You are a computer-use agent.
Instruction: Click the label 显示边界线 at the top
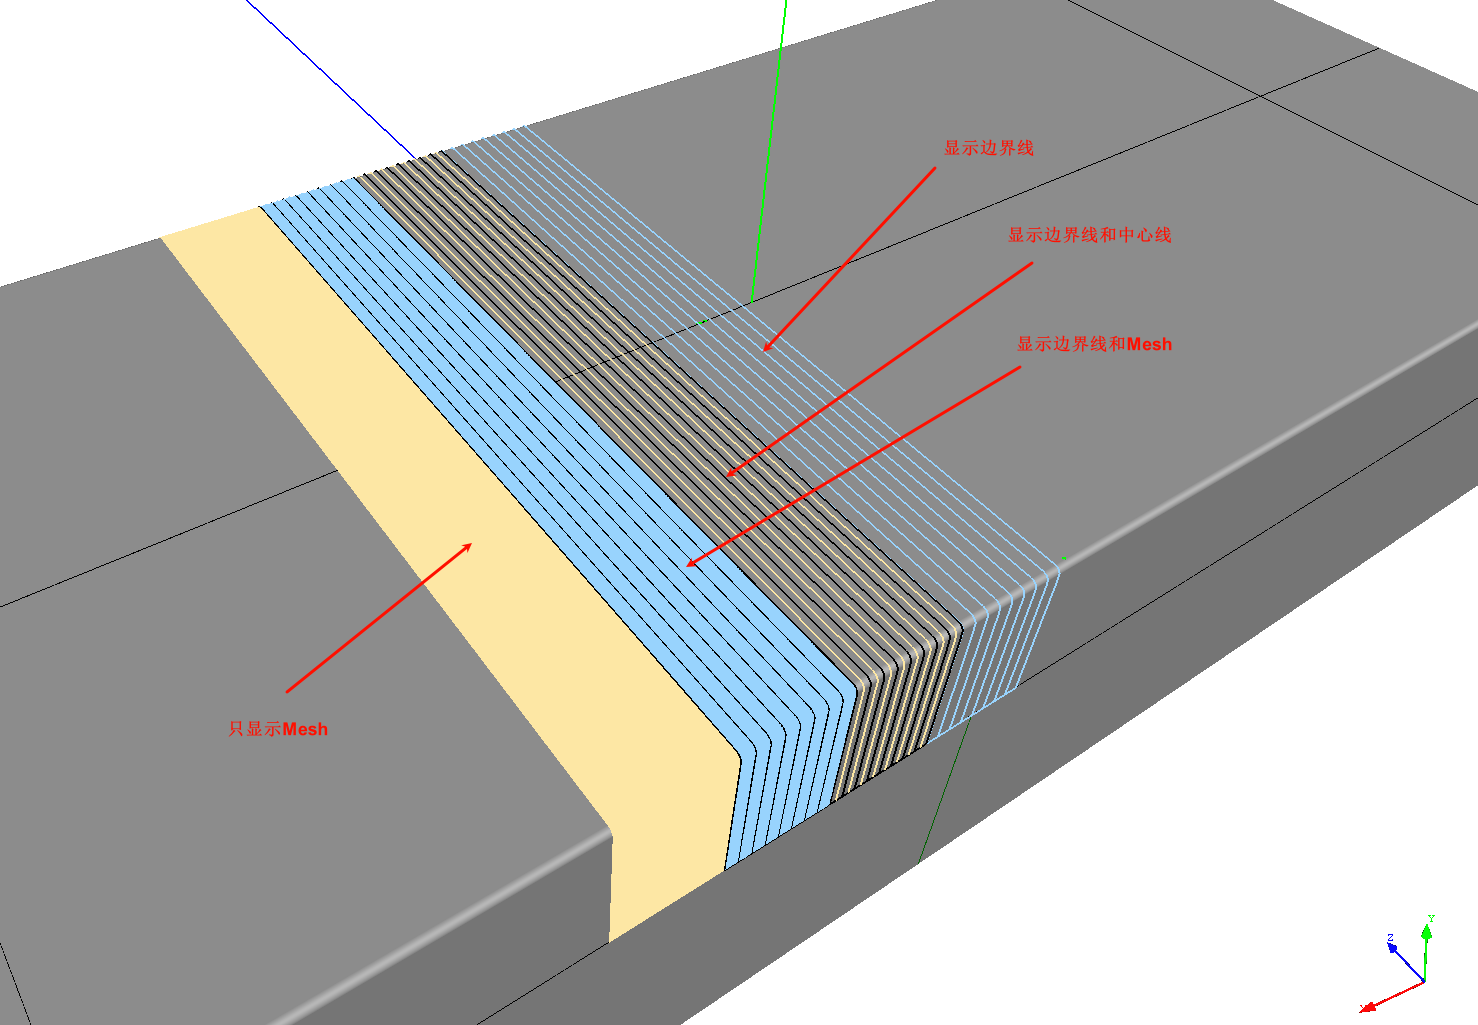(x=988, y=148)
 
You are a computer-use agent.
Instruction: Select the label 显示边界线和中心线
(x=1089, y=235)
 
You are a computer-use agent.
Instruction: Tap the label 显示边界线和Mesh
(x=1094, y=344)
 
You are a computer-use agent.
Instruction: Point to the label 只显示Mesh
(x=278, y=729)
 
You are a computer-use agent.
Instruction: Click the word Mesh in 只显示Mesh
(x=305, y=729)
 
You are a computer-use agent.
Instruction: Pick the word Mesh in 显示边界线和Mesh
(x=1149, y=345)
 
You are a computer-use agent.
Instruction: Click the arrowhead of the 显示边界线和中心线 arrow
(x=730, y=473)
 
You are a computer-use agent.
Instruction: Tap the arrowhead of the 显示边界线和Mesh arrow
(x=690, y=563)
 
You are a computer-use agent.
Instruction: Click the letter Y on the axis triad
(x=1431, y=918)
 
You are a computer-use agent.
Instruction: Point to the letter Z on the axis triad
(x=1390, y=938)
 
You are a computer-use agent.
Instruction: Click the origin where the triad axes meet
(x=1425, y=982)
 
